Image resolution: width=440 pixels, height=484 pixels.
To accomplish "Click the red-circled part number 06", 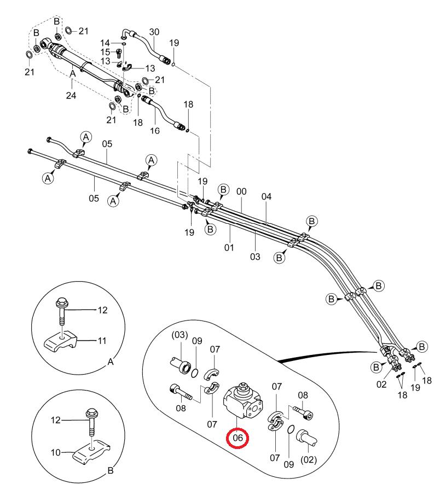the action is pos(238,438).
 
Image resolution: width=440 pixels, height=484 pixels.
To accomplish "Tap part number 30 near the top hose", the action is pos(154,32).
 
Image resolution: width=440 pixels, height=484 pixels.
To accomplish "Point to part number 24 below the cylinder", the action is pos(71,95).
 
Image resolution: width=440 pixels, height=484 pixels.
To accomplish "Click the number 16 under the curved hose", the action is pos(155,131).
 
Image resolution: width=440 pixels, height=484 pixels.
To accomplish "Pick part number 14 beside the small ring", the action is pos(105,43).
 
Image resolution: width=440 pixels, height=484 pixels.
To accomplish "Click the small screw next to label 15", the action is pos(119,54).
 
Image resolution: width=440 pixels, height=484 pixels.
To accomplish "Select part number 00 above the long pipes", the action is pos(241,192).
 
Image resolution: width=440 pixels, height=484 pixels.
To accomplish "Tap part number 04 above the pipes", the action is pos(267,197).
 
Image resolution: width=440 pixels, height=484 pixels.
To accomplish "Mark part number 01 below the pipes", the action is pos(229,248).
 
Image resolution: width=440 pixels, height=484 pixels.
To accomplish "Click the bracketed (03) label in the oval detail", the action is pos(180,335).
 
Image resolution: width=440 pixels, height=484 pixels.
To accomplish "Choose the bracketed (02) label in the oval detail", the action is pos(309,460).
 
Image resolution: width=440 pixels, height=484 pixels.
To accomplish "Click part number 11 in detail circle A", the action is pos(102,341).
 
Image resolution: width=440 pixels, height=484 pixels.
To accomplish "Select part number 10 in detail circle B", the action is pos(56,452).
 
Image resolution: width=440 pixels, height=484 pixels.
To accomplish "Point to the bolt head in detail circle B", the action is pos(92,412).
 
